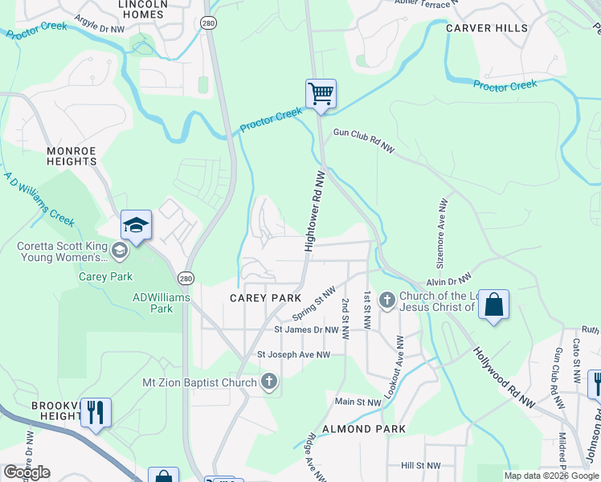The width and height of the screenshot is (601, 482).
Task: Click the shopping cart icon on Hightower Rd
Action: [x=321, y=94]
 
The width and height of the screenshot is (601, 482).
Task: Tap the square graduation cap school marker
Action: [x=136, y=225]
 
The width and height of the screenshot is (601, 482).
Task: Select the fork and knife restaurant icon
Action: [x=96, y=413]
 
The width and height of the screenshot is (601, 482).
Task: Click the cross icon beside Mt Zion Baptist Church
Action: [x=269, y=382]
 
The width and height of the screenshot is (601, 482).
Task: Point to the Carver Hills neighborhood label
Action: [x=487, y=28]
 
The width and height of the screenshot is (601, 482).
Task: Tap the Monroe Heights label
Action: [x=72, y=156]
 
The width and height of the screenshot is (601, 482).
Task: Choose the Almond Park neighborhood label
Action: [x=363, y=429]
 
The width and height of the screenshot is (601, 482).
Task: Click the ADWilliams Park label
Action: [x=161, y=303]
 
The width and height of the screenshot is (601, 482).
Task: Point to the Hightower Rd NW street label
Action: [x=315, y=210]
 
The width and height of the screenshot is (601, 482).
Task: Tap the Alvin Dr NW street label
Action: [x=448, y=281]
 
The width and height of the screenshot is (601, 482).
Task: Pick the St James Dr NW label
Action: [x=306, y=329]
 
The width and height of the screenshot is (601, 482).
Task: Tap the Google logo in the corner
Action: [x=27, y=472]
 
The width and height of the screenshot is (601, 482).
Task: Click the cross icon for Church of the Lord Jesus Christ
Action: [x=386, y=300]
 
